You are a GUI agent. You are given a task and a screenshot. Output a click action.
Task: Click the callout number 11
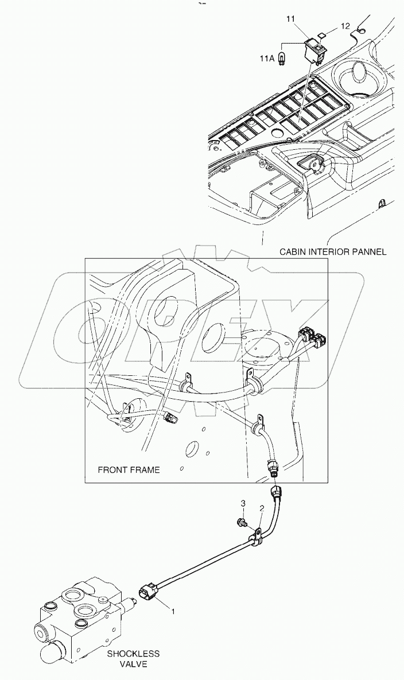[290, 20]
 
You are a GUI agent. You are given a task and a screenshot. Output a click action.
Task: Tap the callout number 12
[345, 26]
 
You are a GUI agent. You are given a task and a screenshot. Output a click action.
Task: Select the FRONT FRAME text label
[129, 470]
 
